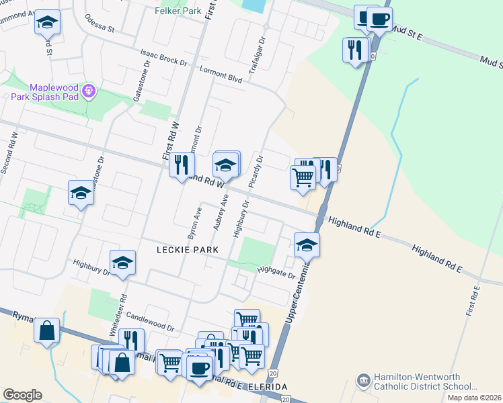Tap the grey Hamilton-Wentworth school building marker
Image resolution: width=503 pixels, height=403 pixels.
tap(363, 382)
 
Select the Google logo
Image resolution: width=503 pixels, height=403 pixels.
tap(22, 395)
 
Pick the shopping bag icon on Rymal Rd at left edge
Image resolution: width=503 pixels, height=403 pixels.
tap(47, 331)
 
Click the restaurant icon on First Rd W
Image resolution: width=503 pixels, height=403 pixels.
tap(181, 165)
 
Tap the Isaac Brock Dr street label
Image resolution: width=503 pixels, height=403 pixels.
tap(163, 56)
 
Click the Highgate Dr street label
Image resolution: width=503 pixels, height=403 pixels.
tap(276, 271)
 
